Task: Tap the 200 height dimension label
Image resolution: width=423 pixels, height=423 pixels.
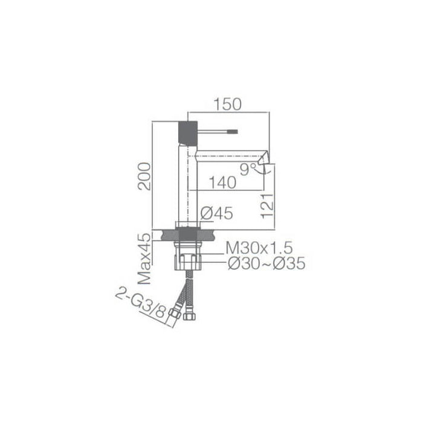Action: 144,176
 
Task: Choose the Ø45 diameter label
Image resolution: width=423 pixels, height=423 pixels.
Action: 215,213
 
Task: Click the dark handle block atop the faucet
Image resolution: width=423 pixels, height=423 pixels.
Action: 187,132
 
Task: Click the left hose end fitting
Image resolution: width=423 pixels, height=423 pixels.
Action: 175,315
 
